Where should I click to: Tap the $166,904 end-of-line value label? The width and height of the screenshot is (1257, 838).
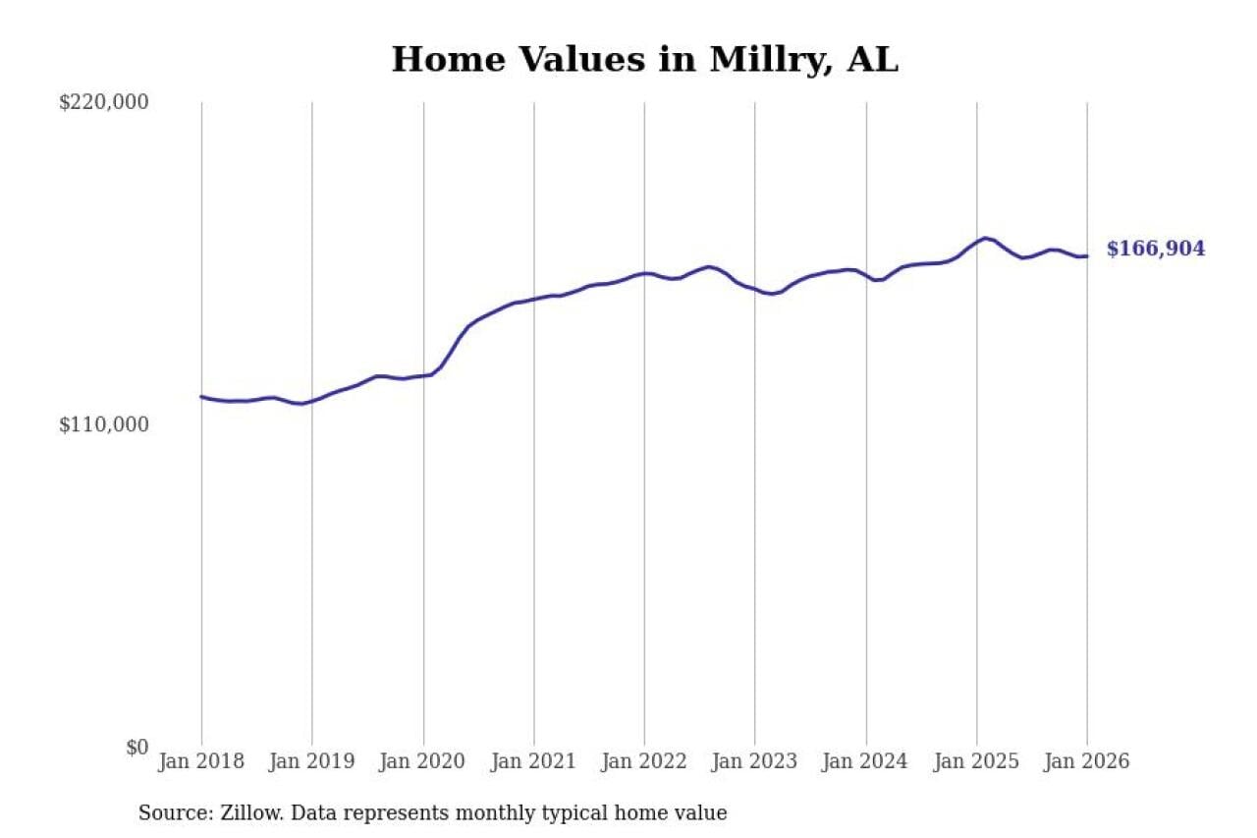point(1155,250)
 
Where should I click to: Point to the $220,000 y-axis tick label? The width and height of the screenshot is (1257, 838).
point(104,102)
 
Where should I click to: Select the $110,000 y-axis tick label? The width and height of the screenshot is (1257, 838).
point(104,424)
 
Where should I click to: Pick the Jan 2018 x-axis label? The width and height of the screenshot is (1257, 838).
point(202,762)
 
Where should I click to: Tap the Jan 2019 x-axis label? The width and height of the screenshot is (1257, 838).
point(312,762)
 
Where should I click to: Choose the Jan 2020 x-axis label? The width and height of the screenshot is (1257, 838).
point(423,762)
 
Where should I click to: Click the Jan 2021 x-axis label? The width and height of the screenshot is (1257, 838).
point(534,762)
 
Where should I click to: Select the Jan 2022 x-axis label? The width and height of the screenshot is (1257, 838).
point(644,762)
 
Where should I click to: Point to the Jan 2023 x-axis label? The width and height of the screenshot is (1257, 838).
point(755,762)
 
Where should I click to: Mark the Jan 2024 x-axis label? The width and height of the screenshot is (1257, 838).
point(866,762)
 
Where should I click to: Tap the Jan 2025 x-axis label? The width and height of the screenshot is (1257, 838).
point(976,762)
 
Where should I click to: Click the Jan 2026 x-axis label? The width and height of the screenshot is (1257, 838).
point(1087,762)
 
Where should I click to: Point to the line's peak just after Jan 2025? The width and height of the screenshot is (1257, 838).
point(985,238)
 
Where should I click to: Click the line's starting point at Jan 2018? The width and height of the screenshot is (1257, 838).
point(202,397)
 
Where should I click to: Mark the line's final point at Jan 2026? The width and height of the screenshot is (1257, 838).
point(1087,256)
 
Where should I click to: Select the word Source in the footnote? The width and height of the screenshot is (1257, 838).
point(169,813)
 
